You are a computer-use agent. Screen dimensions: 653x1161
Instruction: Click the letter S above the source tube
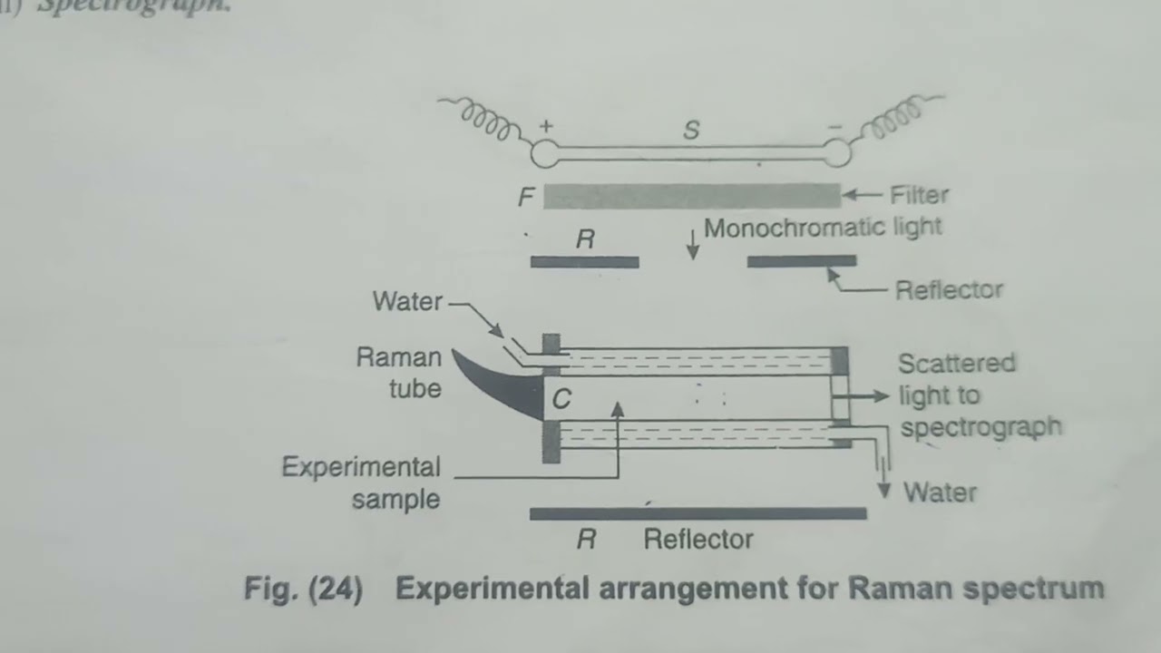691,131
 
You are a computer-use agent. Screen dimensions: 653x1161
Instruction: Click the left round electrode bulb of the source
545,155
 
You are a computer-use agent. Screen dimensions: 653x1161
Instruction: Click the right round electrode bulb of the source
837,154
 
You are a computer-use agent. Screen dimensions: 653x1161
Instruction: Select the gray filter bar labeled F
692,196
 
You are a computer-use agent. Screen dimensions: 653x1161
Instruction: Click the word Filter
919,195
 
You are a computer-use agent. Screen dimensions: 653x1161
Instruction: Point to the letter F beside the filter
526,197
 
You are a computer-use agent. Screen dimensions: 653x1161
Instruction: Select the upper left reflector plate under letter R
585,262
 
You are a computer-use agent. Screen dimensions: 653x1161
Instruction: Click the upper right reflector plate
802,261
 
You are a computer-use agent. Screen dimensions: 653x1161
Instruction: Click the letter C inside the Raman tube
561,400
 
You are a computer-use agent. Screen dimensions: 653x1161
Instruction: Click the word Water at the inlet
407,302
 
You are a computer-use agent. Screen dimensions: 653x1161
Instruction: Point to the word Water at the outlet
940,493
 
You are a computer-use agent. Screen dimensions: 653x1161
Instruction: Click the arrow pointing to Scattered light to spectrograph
870,395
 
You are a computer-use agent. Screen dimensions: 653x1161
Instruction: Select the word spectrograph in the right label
981,427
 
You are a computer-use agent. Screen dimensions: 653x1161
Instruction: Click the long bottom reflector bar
698,514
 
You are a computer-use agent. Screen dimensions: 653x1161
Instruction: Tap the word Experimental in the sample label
361,467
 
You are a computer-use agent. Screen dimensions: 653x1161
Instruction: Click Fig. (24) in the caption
303,590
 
